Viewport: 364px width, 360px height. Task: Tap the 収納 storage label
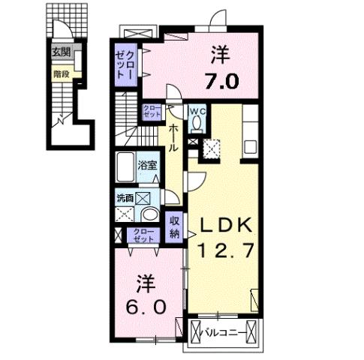point(174,227)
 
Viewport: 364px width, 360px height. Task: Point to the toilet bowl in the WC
point(197,125)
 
